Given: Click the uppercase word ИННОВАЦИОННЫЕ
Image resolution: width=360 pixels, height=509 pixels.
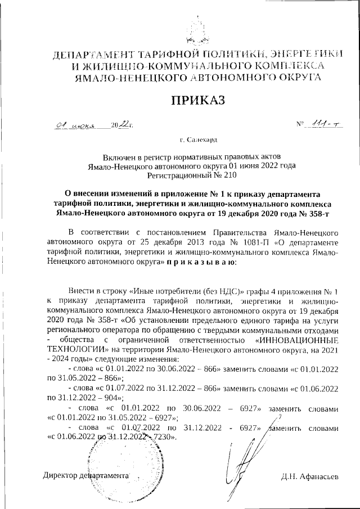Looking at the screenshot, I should [296, 340].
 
